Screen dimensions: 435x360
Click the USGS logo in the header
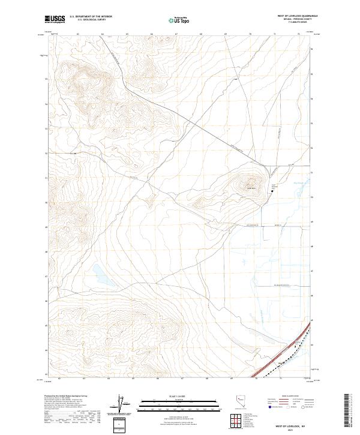pyautogui.click(x=56, y=19)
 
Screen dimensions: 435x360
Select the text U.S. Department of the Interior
pyautogui.click(x=91, y=17)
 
